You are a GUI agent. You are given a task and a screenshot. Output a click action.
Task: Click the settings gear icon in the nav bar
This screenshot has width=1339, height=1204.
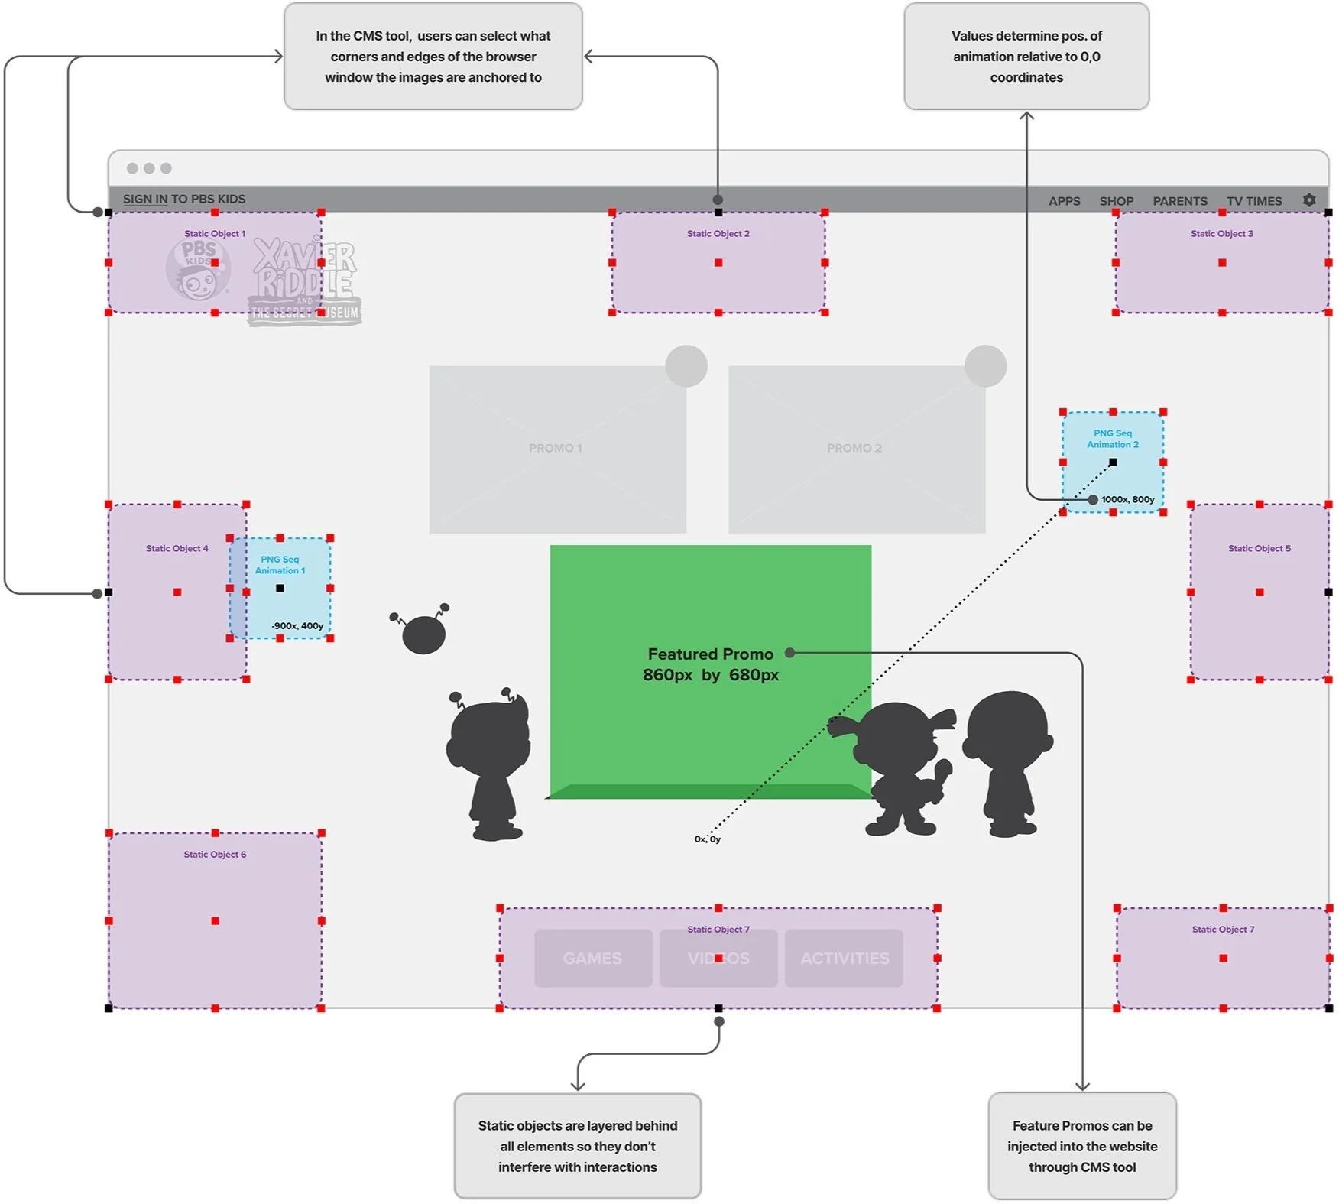point(1309,200)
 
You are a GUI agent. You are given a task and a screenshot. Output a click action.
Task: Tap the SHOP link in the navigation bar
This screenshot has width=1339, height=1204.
point(1116,201)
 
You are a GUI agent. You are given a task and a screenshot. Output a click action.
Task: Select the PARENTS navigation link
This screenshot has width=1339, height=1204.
point(1180,201)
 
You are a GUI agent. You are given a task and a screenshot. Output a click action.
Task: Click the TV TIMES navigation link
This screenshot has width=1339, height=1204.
point(1254,201)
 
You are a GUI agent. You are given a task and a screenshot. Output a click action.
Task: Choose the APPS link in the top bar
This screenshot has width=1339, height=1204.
point(1064,201)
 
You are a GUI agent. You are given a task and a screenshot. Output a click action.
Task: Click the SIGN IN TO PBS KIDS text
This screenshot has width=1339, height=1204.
point(184,199)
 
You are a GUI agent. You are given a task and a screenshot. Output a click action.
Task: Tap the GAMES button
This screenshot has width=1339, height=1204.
point(592,958)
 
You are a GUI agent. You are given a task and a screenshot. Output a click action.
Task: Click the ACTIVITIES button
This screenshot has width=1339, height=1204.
point(845,958)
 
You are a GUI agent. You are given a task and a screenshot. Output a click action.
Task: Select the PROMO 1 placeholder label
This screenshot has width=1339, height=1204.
point(556,448)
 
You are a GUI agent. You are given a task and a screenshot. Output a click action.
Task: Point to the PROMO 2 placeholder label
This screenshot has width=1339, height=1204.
point(854,448)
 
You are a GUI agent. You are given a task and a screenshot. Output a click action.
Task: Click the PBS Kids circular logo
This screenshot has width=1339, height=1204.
point(198,270)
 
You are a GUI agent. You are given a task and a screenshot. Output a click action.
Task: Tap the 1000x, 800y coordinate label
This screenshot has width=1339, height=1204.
point(1127,499)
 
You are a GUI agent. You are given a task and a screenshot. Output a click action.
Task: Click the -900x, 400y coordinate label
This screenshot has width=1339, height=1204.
point(297,625)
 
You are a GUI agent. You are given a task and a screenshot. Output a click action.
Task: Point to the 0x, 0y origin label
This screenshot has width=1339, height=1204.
point(708,839)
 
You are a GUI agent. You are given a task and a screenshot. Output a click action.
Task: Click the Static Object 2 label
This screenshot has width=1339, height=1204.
point(718,234)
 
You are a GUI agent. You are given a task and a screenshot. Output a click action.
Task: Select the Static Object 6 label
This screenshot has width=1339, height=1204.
point(215,854)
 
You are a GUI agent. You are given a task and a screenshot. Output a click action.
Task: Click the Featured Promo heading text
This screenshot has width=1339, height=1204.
point(710,654)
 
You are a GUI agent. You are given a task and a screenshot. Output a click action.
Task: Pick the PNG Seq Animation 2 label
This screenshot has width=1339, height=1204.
point(1113,439)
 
